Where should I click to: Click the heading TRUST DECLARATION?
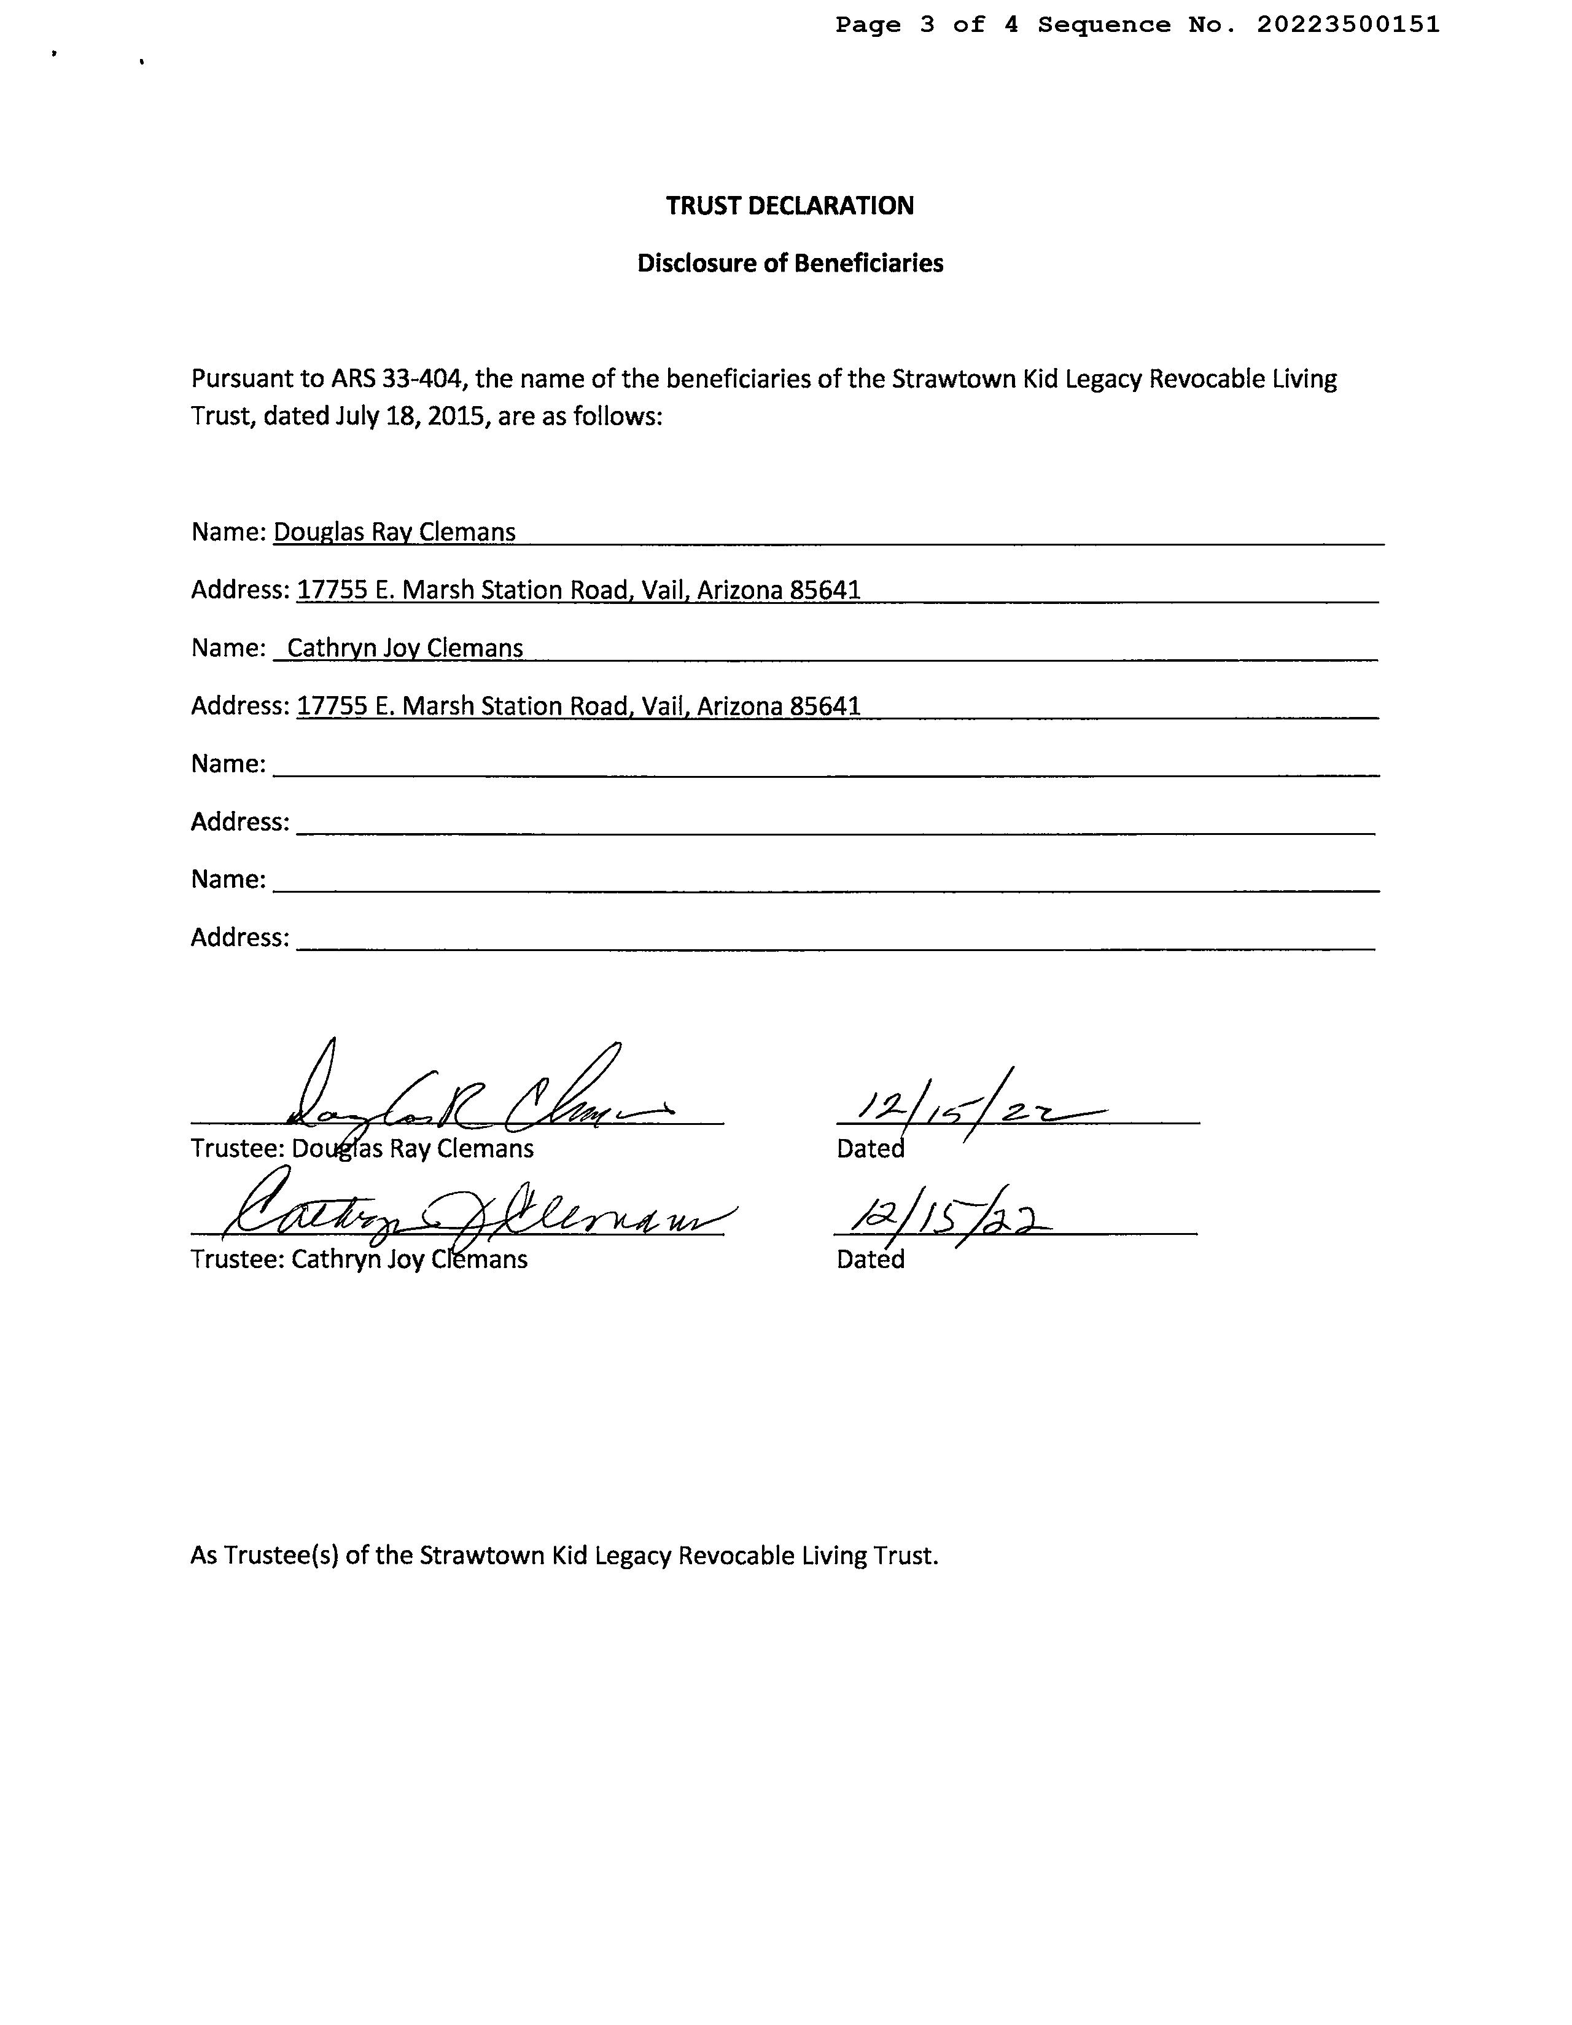[789, 206]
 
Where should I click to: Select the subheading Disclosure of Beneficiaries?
[790, 264]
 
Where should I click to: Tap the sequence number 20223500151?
[1348, 25]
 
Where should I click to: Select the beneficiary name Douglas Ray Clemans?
[394, 532]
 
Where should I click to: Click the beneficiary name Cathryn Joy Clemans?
[405, 648]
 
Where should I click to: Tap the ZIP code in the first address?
[825, 590]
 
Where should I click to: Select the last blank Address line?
[834, 939]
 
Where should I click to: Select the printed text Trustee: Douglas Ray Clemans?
[362, 1149]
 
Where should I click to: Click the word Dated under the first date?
[870, 1149]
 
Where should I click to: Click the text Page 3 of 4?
[926, 25]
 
